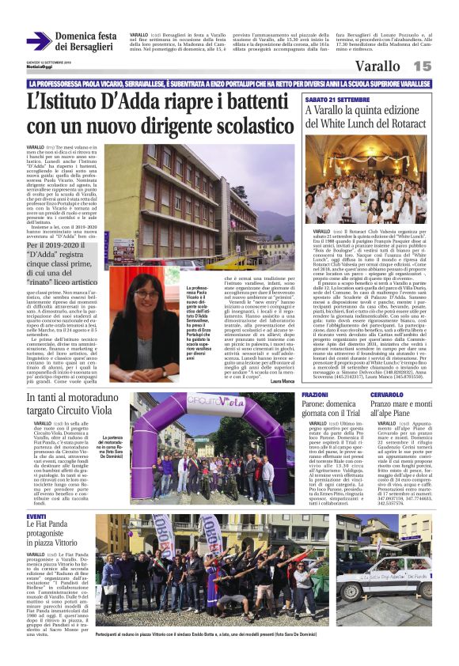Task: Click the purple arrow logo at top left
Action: click(39, 41)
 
